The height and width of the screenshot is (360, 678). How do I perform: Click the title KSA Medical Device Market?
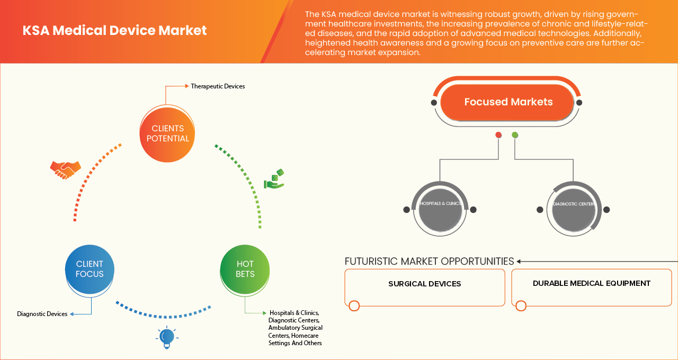[114, 31]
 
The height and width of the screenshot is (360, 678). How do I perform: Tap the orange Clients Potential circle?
[167, 133]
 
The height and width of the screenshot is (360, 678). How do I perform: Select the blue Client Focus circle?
[90, 269]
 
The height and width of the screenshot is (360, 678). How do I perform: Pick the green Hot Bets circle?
[245, 269]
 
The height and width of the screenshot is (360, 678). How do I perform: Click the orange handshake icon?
[65, 169]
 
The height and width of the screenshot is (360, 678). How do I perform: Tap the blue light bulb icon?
[167, 337]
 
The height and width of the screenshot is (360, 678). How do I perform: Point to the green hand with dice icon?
[274, 179]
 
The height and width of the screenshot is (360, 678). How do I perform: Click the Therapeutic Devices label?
[218, 86]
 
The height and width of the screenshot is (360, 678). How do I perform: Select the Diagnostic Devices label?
[42, 314]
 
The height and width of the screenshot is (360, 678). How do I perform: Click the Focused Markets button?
[508, 102]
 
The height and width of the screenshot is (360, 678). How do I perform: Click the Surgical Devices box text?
[424, 284]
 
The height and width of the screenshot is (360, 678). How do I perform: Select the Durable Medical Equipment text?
[591, 283]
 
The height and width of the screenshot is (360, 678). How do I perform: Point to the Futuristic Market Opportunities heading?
[429, 261]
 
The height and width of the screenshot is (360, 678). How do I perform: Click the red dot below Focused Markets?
[498, 135]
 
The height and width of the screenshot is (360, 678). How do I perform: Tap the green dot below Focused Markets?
[515, 135]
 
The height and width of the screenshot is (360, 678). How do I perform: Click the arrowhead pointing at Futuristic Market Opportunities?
[519, 261]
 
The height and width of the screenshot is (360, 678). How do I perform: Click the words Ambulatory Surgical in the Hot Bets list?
[295, 328]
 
